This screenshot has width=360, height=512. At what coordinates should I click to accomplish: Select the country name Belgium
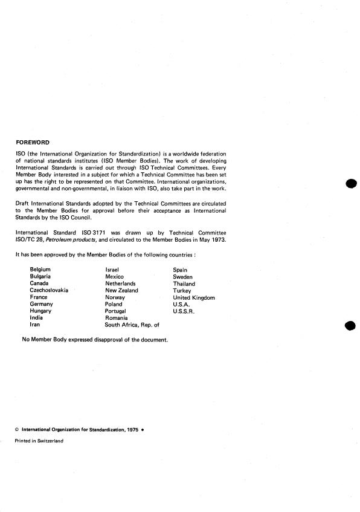(40, 270)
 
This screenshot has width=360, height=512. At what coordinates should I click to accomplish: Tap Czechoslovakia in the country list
(49, 290)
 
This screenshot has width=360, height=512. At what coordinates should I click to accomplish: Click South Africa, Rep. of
(132, 325)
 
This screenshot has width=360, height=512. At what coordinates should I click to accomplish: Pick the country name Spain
(180, 270)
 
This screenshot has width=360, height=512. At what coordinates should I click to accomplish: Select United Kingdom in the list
(194, 297)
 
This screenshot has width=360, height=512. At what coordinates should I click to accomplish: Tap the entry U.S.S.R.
(185, 311)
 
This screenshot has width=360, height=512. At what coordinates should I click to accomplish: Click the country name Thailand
(184, 284)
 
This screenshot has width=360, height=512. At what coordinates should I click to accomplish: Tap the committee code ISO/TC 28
(28, 239)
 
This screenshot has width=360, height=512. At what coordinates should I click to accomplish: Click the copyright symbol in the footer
(17, 429)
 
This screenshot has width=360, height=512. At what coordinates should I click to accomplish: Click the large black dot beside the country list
(349, 326)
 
